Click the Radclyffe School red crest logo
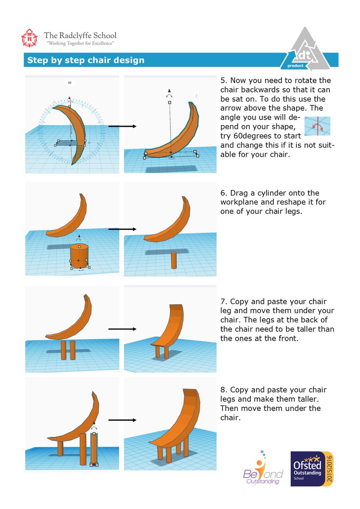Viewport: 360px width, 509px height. tap(29, 38)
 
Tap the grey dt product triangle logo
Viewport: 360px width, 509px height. tap(305, 48)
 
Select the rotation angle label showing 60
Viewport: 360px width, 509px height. tap(70, 83)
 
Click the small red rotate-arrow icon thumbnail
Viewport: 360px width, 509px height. tap(317, 126)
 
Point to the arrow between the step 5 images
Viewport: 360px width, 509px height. tap(122, 126)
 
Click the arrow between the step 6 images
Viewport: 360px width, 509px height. tap(122, 229)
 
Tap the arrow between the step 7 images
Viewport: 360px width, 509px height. tap(122, 329)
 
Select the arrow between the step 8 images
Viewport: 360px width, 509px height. tap(122, 420)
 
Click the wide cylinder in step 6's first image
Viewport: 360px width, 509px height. tap(79, 256)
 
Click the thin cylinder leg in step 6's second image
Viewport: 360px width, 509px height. tap(174, 260)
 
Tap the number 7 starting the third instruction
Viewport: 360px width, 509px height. tap(224, 302)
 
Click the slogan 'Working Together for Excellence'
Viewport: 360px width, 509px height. tap(80, 43)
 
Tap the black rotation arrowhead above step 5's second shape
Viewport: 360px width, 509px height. tap(169, 90)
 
